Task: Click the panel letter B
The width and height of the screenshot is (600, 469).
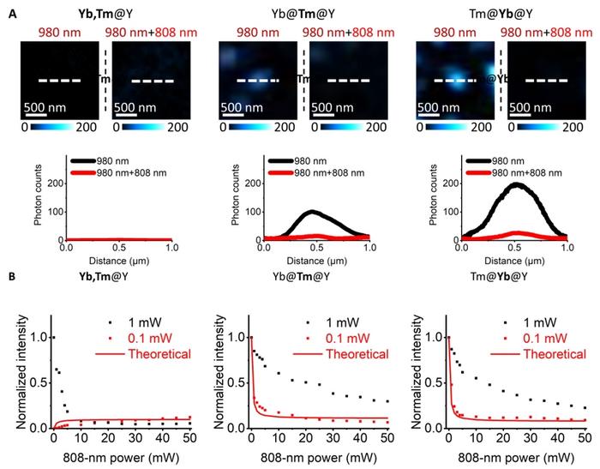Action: point(8,279)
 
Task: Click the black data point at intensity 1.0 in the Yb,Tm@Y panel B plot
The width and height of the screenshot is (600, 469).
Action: point(53,337)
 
